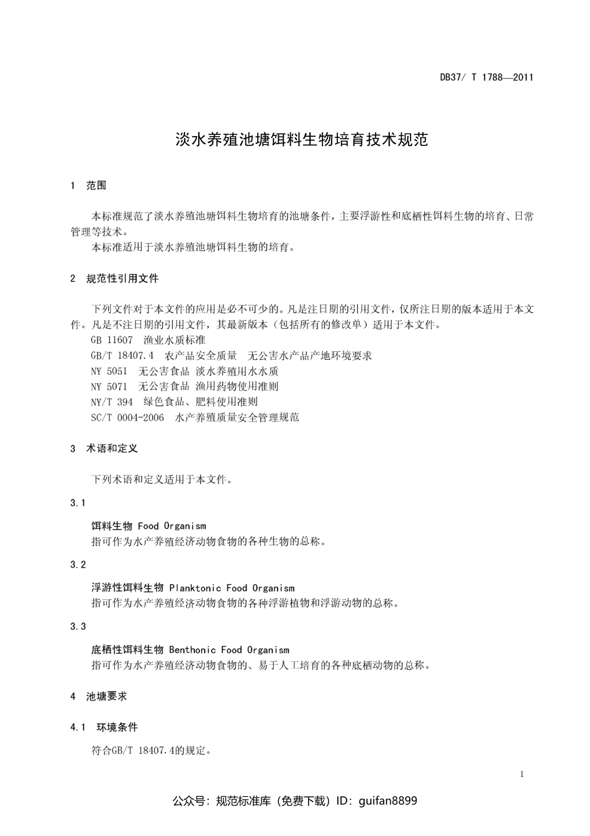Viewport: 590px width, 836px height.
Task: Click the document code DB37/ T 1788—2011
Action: (486, 78)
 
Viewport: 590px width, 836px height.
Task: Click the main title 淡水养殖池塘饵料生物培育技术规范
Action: (302, 139)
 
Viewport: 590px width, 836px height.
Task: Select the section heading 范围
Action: (96, 185)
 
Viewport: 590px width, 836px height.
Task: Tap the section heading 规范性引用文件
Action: (122, 278)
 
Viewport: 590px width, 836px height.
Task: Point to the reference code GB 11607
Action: (112, 340)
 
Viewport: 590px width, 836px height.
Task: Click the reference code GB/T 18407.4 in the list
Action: (122, 356)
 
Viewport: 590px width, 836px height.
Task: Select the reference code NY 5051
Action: (109, 371)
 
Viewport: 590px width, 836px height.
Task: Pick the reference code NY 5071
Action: (109, 386)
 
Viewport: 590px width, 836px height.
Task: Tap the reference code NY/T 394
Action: (112, 402)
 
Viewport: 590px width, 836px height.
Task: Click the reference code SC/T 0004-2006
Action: (127, 417)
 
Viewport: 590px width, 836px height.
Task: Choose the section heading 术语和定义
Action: (112, 448)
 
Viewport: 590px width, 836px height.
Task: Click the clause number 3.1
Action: (78, 502)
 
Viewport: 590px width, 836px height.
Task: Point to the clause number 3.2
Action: (78, 564)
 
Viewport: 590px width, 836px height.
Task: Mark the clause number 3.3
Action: (78, 626)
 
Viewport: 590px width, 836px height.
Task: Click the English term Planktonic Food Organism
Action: (232, 588)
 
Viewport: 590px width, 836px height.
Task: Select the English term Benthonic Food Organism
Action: (229, 650)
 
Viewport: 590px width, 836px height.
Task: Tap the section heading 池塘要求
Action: (107, 696)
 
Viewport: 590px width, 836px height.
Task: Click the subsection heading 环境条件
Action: (117, 727)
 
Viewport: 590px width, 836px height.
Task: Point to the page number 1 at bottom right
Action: (522, 774)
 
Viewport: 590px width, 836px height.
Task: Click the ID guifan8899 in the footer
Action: (388, 801)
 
